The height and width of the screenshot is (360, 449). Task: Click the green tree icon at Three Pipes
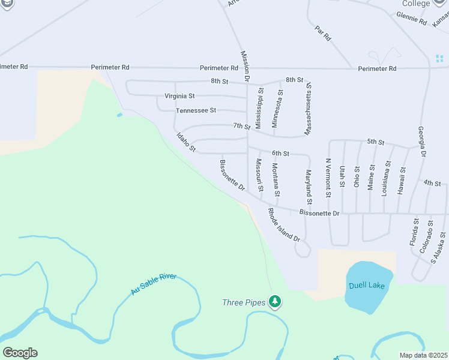(275, 301)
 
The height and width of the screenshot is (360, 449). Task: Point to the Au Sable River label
(154, 284)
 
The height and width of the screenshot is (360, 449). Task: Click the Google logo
(20, 352)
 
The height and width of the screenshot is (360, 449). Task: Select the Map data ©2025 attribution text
(423, 355)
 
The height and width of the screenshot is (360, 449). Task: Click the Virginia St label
(179, 96)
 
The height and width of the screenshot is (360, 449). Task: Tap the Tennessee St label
(196, 110)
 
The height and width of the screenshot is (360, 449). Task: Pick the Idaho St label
(186, 142)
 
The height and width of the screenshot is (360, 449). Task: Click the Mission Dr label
(245, 65)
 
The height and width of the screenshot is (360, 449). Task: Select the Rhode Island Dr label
(284, 225)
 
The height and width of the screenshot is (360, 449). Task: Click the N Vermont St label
(328, 178)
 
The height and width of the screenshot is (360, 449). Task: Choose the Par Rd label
(323, 33)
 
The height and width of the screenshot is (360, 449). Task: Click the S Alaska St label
(439, 248)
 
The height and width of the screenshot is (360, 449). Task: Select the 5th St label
(376, 142)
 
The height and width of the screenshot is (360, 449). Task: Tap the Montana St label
(276, 179)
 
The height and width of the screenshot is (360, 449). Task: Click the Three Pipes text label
(244, 302)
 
